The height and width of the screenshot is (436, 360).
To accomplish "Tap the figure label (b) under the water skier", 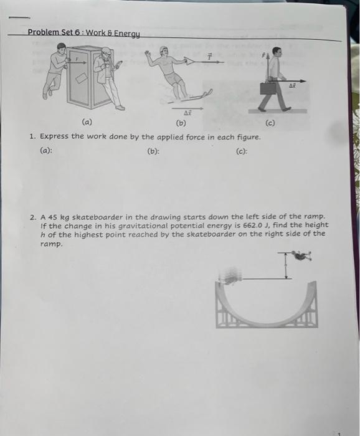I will tap(181, 123).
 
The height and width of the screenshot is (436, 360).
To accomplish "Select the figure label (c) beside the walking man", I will tap(270, 123).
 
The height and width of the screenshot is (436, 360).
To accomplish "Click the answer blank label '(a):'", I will tap(46, 150).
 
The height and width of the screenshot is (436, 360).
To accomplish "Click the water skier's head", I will tap(163, 51).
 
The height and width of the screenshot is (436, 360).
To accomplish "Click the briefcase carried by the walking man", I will tap(268, 88).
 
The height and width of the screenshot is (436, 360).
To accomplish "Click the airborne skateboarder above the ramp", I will tap(303, 256).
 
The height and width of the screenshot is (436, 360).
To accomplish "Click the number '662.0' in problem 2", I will tap(258, 225).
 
